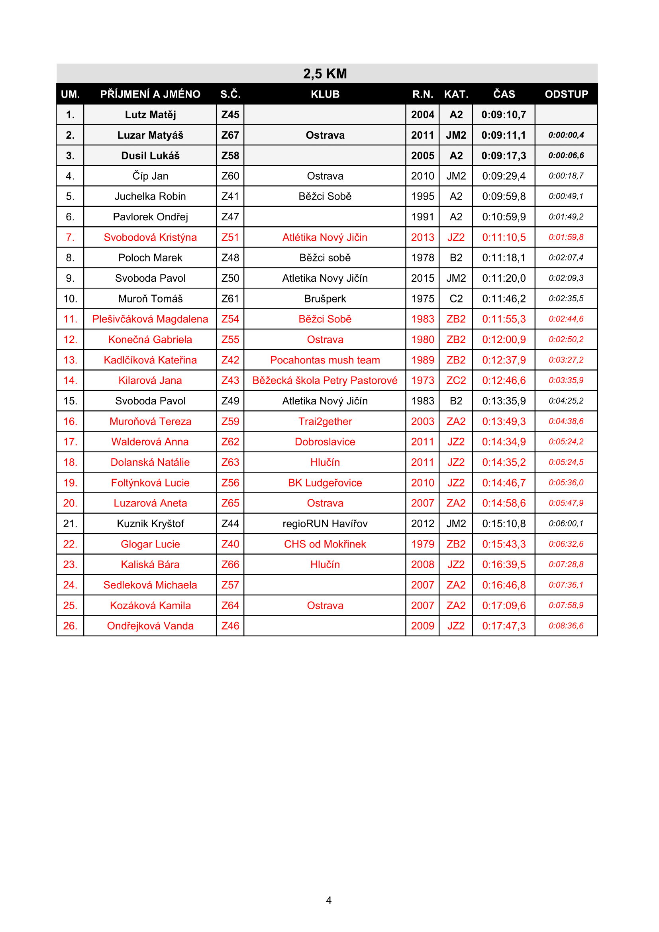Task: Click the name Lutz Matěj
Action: [x=150, y=115]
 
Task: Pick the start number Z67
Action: [x=230, y=135]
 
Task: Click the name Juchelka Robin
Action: [x=150, y=196]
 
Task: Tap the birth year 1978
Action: [x=422, y=258]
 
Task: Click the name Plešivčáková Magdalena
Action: [x=150, y=319]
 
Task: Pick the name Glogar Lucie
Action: [x=150, y=544]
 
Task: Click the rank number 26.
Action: [x=70, y=626]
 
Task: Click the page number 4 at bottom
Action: [x=329, y=901]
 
